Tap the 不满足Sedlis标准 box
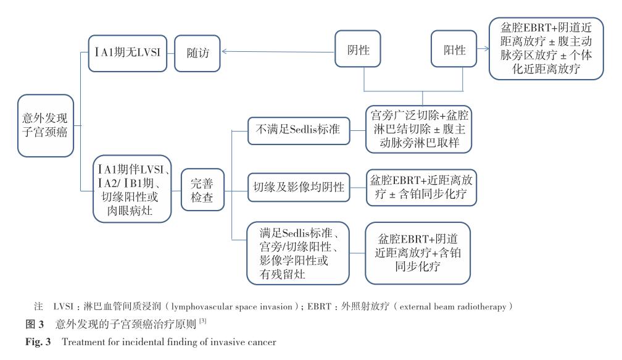pyautogui.click(x=298, y=130)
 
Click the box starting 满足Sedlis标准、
pyautogui.click(x=298, y=252)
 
